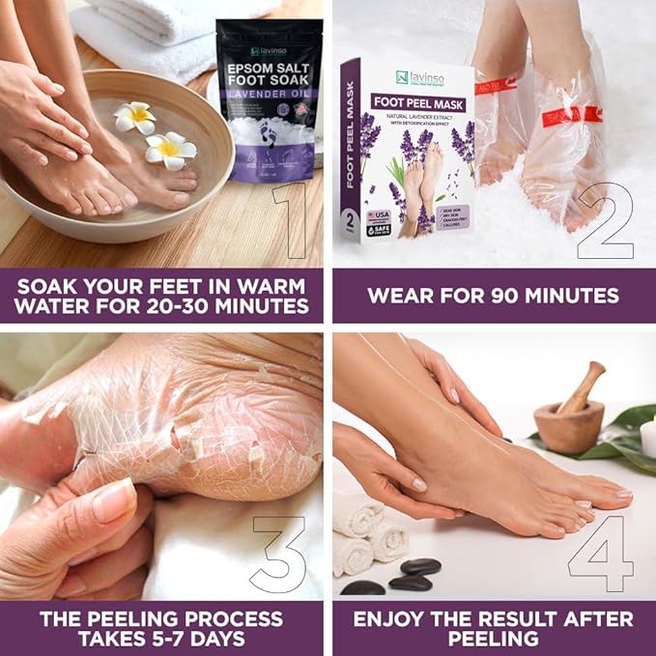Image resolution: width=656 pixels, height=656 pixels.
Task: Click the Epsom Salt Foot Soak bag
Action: [x=270, y=97]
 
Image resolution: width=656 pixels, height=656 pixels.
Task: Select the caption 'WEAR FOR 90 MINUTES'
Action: [x=493, y=295]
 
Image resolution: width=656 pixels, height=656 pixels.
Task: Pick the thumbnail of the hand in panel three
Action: [x=115, y=500]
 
